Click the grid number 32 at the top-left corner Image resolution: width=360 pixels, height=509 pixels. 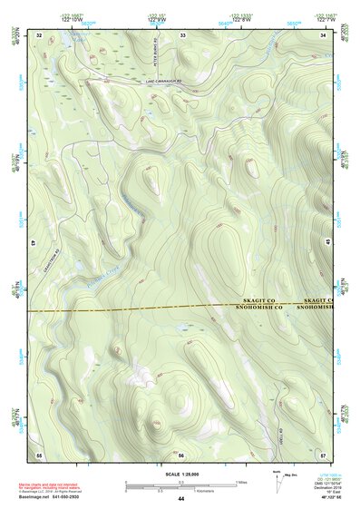39,34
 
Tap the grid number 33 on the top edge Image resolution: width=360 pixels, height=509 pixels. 182,34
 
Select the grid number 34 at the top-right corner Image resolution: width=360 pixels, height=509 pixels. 324,34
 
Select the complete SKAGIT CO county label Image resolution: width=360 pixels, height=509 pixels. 264,299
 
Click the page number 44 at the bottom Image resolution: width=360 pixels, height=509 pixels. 181,500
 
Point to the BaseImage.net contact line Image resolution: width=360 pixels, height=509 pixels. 56,499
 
